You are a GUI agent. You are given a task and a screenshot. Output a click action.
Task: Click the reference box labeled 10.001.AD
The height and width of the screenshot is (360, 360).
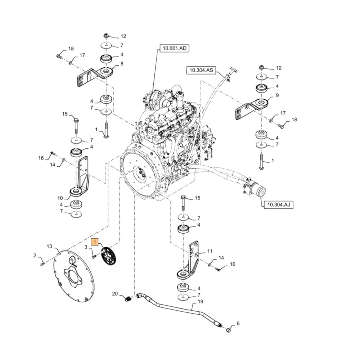(x=174, y=48)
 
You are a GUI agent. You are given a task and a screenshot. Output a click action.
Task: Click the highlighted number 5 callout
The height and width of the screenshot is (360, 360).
(x=95, y=242)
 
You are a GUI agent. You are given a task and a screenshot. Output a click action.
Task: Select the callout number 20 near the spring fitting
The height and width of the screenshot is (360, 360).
(x=115, y=293)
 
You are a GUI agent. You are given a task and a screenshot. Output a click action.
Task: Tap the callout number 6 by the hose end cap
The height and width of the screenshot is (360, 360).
(x=237, y=323)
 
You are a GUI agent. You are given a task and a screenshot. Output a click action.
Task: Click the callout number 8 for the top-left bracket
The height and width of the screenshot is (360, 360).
(x=122, y=64)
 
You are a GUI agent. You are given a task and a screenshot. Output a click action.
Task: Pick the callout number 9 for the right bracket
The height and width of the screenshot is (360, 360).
(x=277, y=95)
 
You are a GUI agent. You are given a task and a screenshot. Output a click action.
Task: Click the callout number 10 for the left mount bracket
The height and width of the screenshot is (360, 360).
(x=60, y=198)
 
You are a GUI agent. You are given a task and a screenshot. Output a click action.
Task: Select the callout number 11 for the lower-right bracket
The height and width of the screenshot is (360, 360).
(x=210, y=251)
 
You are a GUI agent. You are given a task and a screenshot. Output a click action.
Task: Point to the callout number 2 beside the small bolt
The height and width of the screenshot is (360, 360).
(x=35, y=256)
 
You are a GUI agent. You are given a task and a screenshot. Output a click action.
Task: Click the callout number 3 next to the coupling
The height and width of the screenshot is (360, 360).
(x=86, y=247)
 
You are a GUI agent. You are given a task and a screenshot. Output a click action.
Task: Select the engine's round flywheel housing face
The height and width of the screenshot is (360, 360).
(x=139, y=173)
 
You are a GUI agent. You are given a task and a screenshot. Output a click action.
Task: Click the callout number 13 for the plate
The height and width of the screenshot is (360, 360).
(x=49, y=246)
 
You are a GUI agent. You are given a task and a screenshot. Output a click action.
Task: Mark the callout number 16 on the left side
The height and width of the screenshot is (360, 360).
(x=41, y=158)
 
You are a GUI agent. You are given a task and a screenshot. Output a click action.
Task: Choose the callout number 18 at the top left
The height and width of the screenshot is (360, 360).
(x=71, y=49)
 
